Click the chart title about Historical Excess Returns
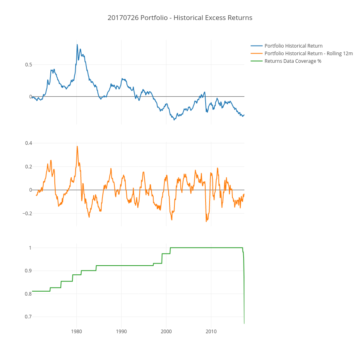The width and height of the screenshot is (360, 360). (180, 18)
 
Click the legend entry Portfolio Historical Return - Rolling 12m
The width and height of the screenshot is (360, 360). (308, 53)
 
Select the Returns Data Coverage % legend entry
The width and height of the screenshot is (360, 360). (293, 61)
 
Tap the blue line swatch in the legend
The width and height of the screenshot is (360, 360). (257, 46)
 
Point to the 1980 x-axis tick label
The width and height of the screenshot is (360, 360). (77, 331)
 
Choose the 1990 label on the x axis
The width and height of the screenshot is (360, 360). (122, 331)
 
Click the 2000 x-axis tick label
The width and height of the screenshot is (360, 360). (166, 331)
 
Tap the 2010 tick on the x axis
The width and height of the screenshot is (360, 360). (211, 331)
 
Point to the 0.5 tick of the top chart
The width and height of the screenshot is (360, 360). (28, 64)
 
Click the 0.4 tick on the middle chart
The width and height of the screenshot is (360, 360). (28, 143)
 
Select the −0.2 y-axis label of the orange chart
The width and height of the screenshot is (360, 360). (26, 213)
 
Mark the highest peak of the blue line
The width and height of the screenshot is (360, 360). (77, 44)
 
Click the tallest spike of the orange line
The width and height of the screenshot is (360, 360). (77, 146)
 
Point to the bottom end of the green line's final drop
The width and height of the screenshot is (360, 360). (244, 323)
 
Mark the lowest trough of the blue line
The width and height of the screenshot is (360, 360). (174, 120)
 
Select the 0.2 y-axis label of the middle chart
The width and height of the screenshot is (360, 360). (28, 166)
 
